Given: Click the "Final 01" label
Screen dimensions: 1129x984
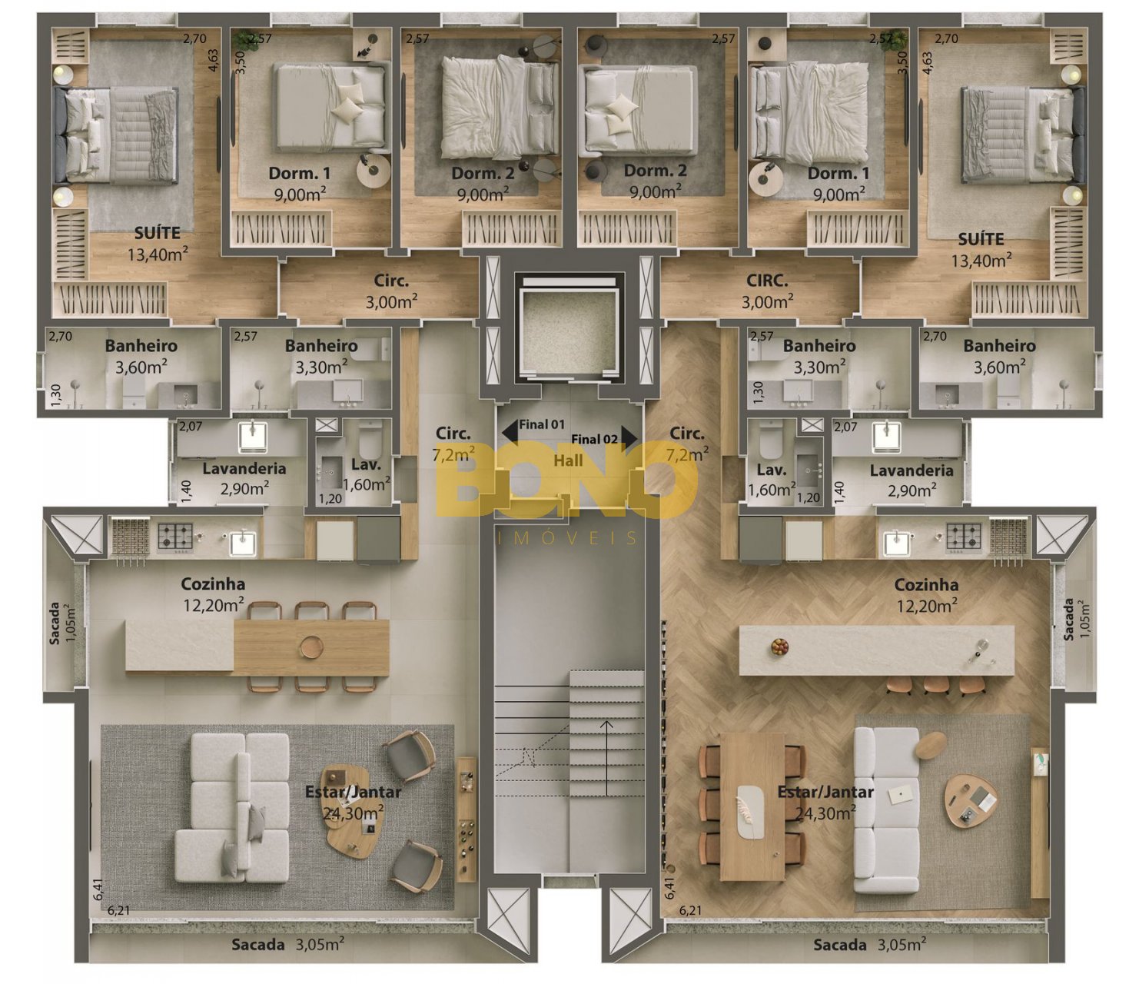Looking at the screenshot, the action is click(541, 424).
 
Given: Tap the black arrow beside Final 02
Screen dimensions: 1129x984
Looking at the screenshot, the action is click(629, 435).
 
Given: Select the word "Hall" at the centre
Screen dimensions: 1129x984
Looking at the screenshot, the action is click(568, 460).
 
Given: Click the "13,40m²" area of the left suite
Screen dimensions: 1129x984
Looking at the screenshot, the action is click(158, 254).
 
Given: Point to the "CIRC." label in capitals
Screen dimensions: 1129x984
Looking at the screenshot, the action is click(766, 281).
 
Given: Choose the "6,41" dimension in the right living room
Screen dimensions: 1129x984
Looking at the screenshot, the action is click(669, 888).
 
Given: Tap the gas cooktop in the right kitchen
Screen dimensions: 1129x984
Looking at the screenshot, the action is click(964, 536).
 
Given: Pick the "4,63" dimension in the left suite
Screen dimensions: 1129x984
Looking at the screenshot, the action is click(213, 60).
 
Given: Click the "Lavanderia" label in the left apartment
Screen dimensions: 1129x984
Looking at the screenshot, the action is click(244, 468).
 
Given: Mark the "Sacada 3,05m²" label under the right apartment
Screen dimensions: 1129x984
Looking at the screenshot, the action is click(869, 944).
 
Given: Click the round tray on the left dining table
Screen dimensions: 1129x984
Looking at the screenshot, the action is click(312, 647).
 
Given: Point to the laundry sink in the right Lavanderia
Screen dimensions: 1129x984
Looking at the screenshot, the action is click(887, 437).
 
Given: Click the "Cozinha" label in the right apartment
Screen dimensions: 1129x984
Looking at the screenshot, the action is click(926, 584).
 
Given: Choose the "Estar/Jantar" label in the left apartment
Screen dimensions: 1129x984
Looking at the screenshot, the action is click(354, 792).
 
